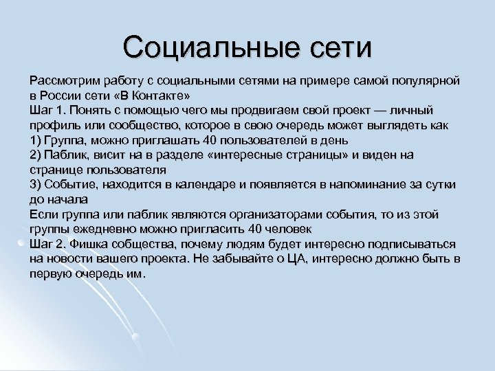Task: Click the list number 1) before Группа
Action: tap(36, 141)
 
